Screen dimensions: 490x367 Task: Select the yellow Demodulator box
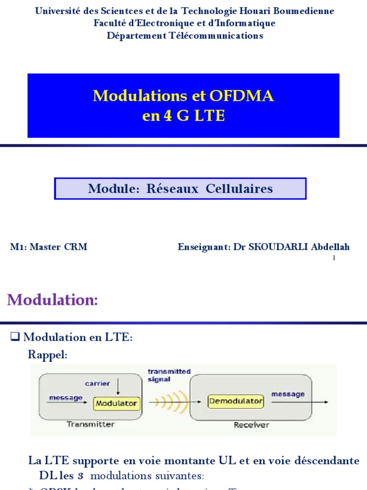(236, 401)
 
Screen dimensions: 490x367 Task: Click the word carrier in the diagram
(97, 383)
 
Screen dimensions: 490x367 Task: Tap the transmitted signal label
(169, 375)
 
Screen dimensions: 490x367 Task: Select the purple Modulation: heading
(53, 300)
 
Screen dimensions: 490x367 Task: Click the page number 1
(334, 258)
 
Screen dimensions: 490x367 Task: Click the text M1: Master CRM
(49, 247)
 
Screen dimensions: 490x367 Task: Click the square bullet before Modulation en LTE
(14, 337)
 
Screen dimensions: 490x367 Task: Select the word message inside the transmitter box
(65, 398)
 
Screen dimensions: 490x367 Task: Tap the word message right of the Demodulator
(288, 394)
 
